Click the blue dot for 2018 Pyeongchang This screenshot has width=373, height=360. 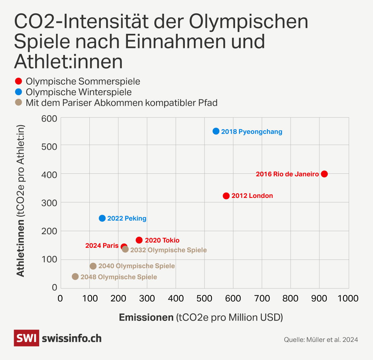[x=216, y=131]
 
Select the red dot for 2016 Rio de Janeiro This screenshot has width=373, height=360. [x=324, y=174]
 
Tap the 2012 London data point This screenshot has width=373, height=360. [x=226, y=196]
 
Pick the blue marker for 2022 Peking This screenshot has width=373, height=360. [x=102, y=218]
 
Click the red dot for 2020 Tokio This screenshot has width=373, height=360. [x=139, y=240]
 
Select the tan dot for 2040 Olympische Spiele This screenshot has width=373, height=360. [x=93, y=266]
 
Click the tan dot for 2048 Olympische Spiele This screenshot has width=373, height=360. [x=75, y=277]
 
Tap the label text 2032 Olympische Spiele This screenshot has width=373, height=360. [x=168, y=250]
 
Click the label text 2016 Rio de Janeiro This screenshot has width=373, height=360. [x=287, y=174]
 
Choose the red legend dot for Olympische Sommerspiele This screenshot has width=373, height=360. [x=19, y=81]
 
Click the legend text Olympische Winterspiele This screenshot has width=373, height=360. [x=79, y=92]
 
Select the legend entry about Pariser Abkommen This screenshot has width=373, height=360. [x=122, y=103]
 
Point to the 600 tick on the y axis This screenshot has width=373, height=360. [x=50, y=118]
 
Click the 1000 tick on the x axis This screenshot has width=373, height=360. [x=349, y=298]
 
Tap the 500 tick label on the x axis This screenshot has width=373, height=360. [x=204, y=298]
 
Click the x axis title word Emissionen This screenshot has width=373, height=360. [x=146, y=317]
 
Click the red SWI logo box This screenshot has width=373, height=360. [x=26, y=338]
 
